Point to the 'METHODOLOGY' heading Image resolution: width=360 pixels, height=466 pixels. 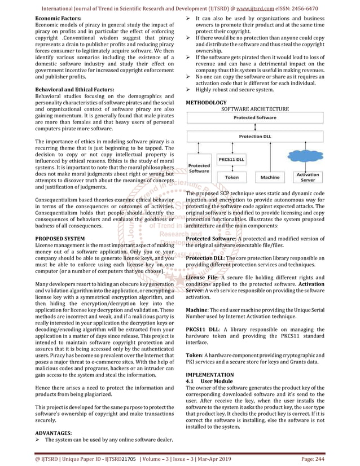[206, 102]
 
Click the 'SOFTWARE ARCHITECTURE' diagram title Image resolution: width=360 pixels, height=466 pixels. [255, 109]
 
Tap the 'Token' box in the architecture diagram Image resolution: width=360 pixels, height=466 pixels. [231, 177]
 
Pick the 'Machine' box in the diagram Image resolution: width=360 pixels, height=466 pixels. [270, 177]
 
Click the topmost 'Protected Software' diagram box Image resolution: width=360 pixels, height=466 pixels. [255, 117]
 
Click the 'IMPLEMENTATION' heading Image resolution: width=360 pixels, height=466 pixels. [210, 375]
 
